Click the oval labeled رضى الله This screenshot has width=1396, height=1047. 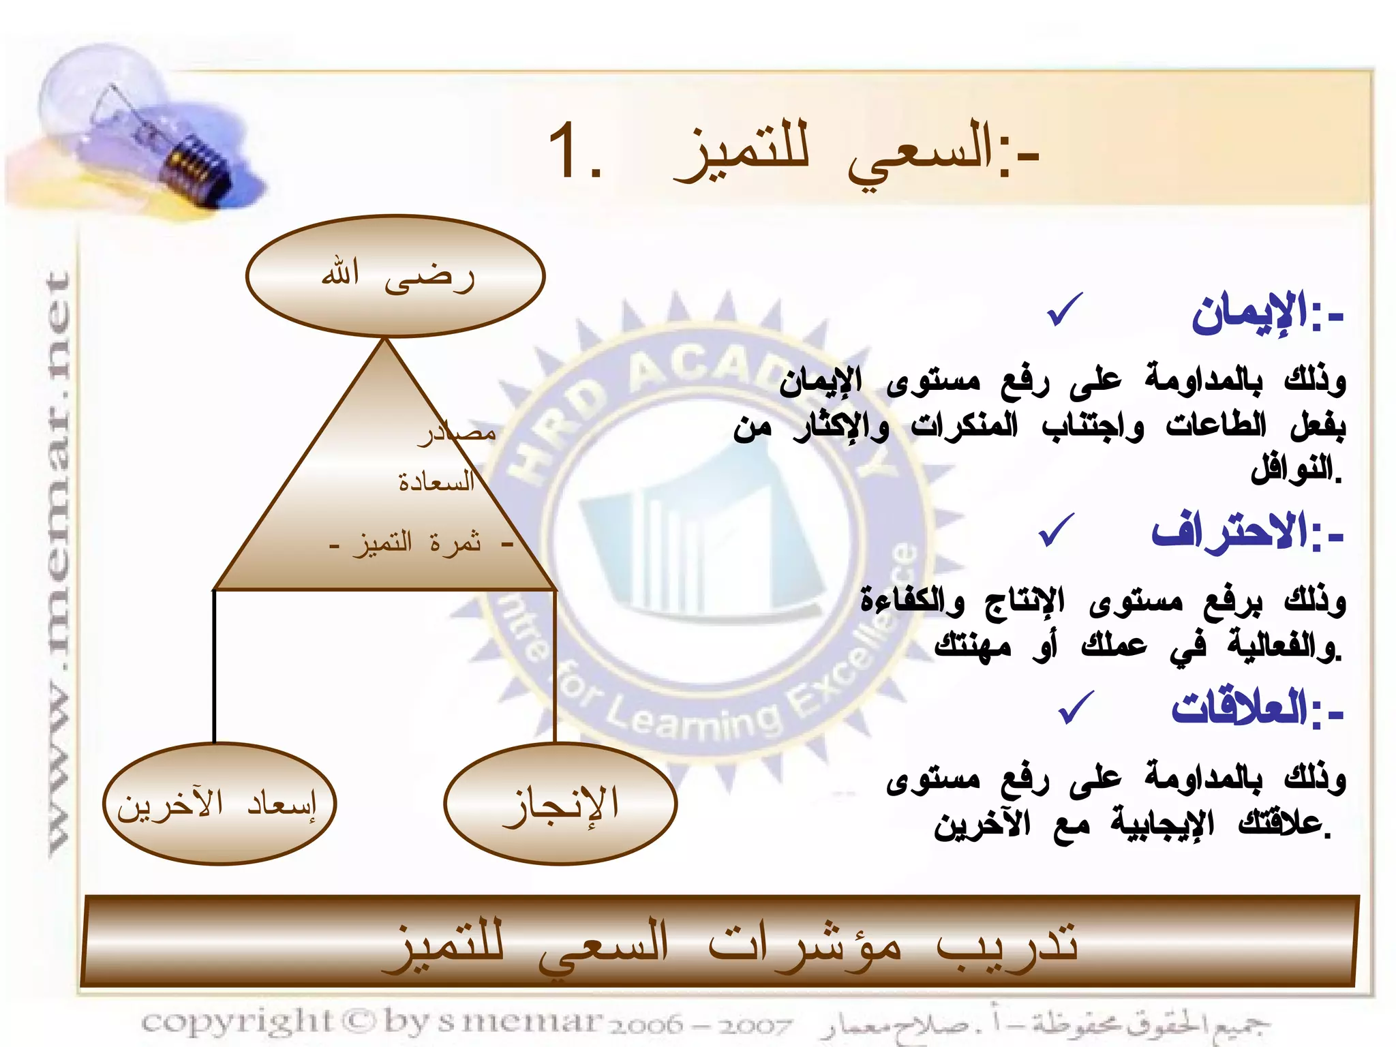[395, 276]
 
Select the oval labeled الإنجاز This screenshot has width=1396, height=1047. [560, 804]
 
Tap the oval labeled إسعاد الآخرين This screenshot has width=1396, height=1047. [219, 804]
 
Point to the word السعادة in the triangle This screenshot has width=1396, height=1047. [436, 483]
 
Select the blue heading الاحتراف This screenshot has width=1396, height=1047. [1230, 532]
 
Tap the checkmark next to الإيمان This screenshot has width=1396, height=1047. [1065, 310]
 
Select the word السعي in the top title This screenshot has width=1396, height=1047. [920, 153]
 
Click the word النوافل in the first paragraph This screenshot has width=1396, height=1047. [1292, 470]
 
